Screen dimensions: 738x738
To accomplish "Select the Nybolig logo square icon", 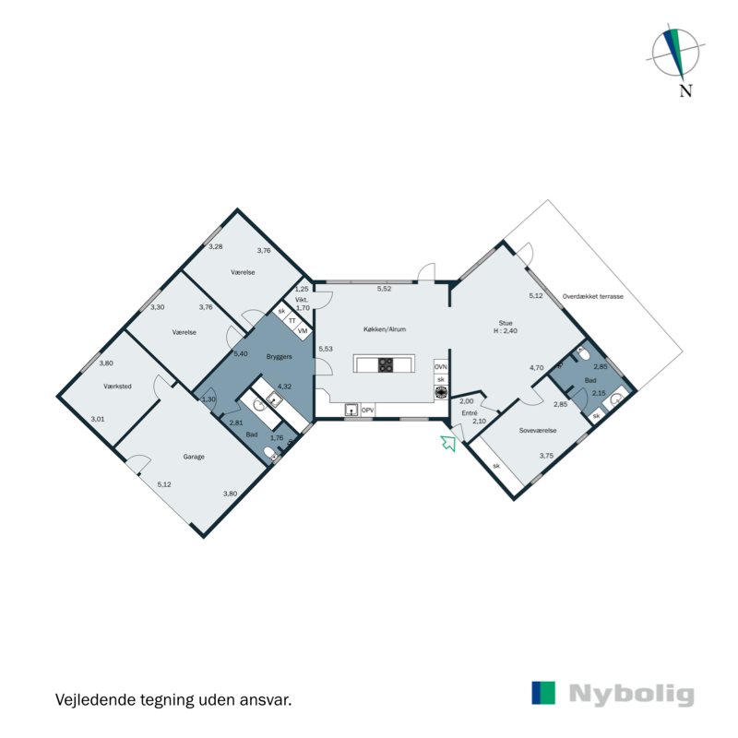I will (543, 694).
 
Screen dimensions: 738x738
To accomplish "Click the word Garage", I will (193, 457).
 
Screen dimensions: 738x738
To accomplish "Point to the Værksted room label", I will (119, 387).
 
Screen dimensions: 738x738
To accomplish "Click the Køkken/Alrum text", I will (386, 329).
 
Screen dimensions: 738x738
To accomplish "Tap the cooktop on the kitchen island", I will (386, 365).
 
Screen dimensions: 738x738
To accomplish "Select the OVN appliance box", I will (441, 366).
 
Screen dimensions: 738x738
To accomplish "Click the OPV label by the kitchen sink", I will (367, 410).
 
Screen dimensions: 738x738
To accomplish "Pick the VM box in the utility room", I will (302, 329).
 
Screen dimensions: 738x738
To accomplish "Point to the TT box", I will (292, 320).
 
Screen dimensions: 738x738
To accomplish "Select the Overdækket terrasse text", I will (593, 296).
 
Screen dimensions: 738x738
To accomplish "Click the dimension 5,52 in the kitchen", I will (384, 290).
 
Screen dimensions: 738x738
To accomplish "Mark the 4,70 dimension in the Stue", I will (536, 367).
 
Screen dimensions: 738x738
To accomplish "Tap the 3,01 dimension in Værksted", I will (98, 420).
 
